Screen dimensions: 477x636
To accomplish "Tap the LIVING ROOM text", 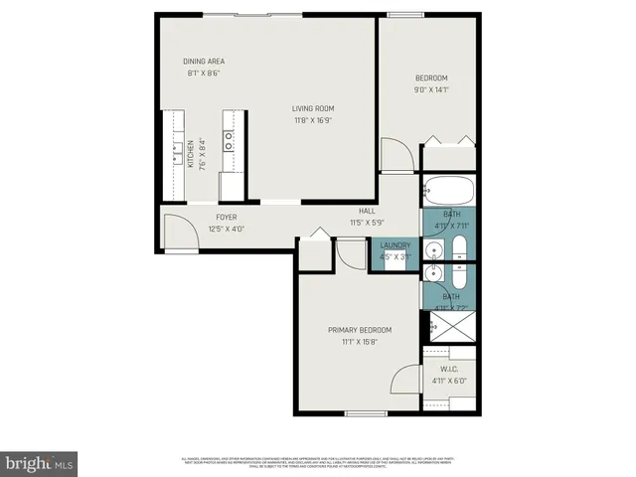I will [312, 108].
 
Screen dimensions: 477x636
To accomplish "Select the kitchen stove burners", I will [229, 140].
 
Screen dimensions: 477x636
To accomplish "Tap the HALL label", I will [367, 211].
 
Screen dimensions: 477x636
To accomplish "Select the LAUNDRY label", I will [395, 244].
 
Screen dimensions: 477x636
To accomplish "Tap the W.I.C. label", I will [448, 368].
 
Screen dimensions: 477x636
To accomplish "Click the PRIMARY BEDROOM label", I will [360, 330].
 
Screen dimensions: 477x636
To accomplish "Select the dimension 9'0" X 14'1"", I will [431, 89].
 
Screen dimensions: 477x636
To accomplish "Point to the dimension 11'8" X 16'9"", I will [312, 120].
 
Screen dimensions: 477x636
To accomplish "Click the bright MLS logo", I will [39, 463].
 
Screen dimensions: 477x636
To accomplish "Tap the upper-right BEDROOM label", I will [431, 78].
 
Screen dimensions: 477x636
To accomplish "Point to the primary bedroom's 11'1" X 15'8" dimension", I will [360, 342].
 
